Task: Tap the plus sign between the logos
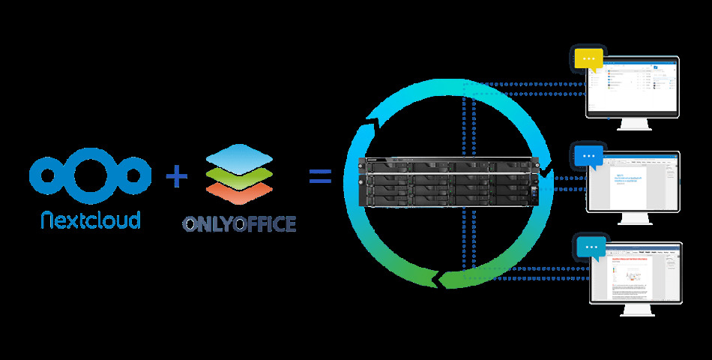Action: pos(176,177)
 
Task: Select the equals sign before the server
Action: pos(320,177)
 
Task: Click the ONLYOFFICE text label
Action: pos(239,223)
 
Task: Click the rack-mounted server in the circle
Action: pos(449,182)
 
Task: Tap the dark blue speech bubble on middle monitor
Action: pos(589,157)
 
